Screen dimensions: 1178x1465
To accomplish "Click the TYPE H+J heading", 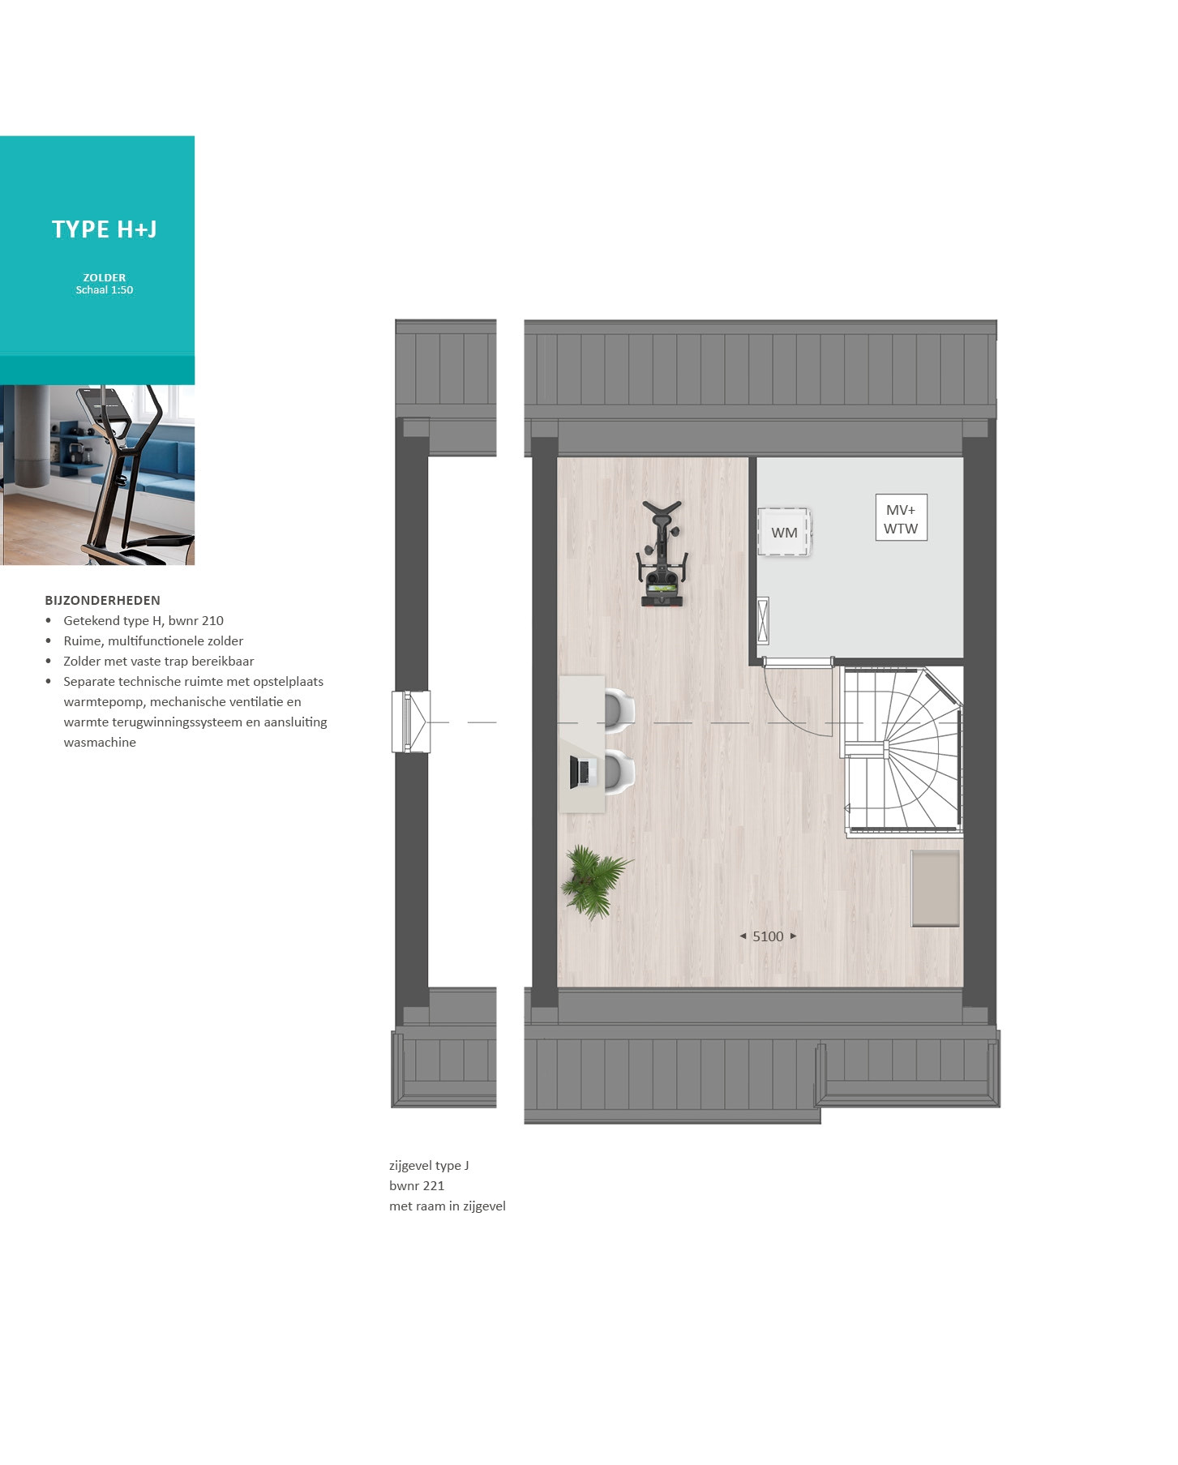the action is tap(105, 229).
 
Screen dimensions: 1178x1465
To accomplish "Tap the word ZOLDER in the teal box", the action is tap(105, 277).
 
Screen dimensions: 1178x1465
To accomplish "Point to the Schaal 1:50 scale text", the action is tap(105, 290).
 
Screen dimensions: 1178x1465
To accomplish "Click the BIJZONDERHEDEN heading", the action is tap(102, 601).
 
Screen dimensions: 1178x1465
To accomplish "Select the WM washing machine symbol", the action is tap(784, 532).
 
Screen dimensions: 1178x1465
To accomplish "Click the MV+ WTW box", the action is tap(901, 518).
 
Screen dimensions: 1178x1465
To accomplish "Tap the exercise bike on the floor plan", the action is tap(662, 554).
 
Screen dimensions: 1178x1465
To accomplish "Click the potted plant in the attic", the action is tap(596, 880).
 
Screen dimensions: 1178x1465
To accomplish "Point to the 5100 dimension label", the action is tap(768, 936).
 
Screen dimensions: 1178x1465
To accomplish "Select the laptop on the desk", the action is tap(580, 771).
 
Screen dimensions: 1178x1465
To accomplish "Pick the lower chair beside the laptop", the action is tap(619, 772).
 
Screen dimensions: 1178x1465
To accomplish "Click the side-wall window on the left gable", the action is tap(411, 722).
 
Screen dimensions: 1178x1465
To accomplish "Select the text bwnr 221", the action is tap(417, 1185).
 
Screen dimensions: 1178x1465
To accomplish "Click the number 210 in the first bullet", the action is tap(212, 621).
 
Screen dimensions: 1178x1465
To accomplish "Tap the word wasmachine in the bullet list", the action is tap(100, 743).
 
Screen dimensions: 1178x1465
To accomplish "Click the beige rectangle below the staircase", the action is tap(936, 888).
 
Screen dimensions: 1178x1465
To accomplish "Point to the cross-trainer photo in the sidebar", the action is tap(97, 475).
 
